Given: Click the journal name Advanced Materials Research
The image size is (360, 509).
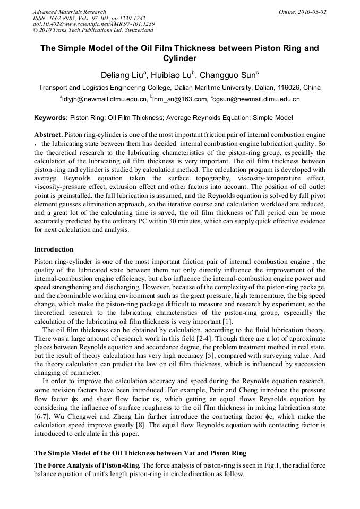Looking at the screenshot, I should click(70, 12).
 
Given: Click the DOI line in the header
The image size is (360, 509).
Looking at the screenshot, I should click(94, 24).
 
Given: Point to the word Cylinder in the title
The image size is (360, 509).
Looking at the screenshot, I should click(179, 58).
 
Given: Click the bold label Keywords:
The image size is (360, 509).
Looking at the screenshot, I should click(51, 117).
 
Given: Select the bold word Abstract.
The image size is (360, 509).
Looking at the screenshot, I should click(48, 135).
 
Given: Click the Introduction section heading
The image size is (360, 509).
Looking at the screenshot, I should click(54, 249).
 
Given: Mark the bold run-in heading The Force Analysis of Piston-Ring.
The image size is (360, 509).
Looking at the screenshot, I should click(87, 465).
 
